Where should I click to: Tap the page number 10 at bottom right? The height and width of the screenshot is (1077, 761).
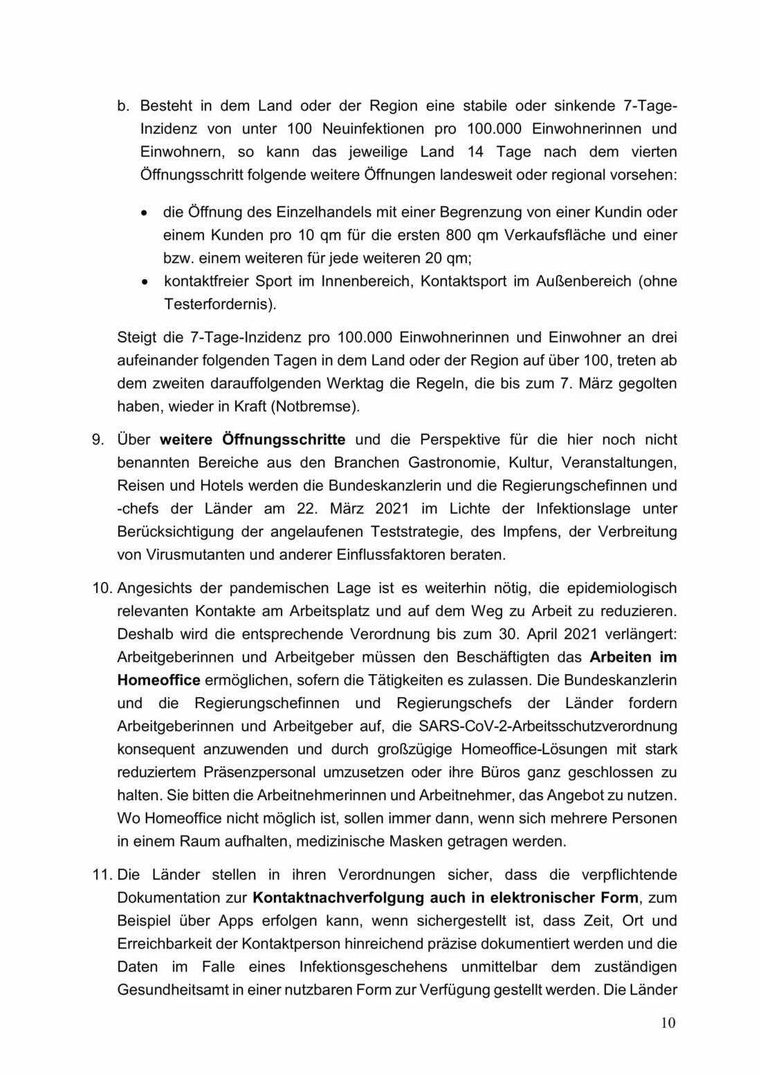668,1023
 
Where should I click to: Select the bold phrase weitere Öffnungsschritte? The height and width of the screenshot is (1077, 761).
253,440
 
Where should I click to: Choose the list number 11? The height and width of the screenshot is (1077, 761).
102,875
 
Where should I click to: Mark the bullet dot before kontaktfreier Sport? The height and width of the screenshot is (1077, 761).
144,282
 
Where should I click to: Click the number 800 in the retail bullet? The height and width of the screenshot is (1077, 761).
459,235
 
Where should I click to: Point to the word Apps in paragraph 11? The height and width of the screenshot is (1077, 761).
236,921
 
